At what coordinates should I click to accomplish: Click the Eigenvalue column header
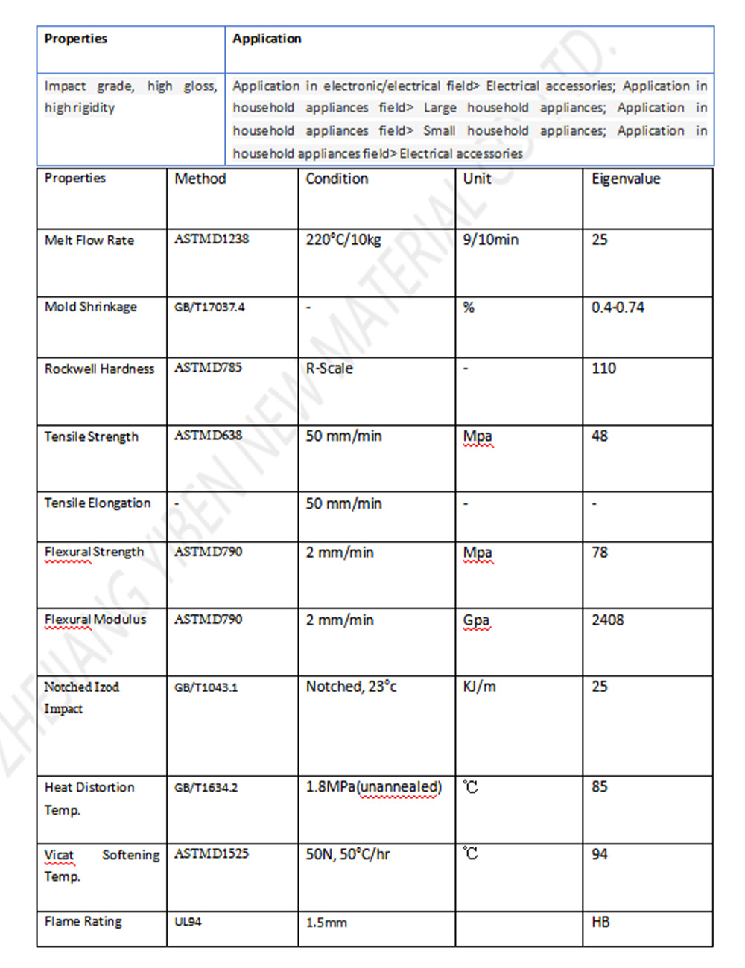point(626,179)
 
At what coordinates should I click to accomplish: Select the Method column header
point(200,179)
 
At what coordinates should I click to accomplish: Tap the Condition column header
point(337,179)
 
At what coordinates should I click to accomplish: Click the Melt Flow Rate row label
point(89,240)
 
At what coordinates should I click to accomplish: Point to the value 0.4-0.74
point(618,308)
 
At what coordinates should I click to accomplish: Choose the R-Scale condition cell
point(329,369)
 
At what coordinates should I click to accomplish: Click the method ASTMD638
point(208,436)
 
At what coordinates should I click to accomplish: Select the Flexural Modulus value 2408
point(608,620)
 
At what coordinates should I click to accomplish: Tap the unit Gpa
point(476,620)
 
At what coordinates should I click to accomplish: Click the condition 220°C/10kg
point(343,240)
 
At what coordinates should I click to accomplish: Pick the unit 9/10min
point(490,240)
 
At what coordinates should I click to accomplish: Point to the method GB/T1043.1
point(206,687)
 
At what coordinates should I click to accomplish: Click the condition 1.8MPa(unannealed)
point(373,787)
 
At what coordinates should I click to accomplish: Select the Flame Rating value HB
point(600,922)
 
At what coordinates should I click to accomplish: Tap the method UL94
point(188,922)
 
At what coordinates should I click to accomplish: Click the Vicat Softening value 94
point(600,854)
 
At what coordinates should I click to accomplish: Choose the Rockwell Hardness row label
point(99,369)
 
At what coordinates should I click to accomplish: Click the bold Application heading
point(267,39)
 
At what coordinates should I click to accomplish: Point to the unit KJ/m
point(479,687)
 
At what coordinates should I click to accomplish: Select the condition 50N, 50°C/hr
point(348,854)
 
